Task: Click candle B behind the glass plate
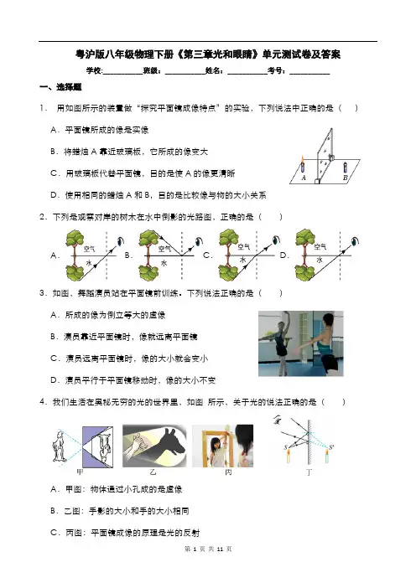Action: click(x=346, y=168)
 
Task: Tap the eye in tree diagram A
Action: click(x=121, y=241)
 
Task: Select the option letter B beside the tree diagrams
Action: click(x=128, y=255)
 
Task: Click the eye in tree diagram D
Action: click(x=355, y=240)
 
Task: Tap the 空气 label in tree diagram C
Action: click(x=244, y=247)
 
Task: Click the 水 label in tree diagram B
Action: click(x=164, y=263)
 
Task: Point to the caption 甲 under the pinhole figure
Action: click(x=80, y=472)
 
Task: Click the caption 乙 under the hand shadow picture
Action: click(x=153, y=472)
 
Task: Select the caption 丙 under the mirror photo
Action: click(x=228, y=472)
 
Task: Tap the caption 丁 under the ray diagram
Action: click(x=309, y=472)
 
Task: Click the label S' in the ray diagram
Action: click(x=331, y=446)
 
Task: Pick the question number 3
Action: click(x=43, y=293)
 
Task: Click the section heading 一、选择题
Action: click(x=60, y=87)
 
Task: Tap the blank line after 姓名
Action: click(x=247, y=74)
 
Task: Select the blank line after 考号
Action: click(x=309, y=74)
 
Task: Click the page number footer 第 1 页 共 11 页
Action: click(x=208, y=549)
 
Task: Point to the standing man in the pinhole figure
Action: click(x=60, y=446)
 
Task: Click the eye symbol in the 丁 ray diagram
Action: click(x=278, y=420)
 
